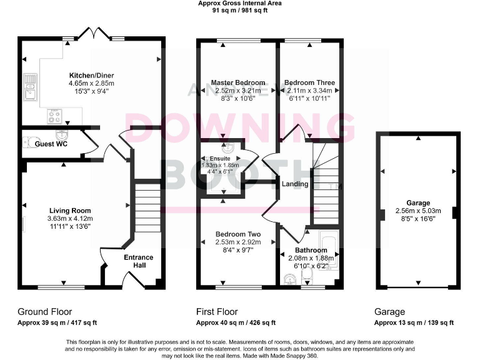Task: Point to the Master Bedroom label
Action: pyautogui.click(x=237, y=82)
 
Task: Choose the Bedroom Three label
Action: pyautogui.click(x=309, y=82)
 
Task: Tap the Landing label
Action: pyautogui.click(x=295, y=184)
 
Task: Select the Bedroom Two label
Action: pyautogui.click(x=237, y=234)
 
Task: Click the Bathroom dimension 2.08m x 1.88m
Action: pyautogui.click(x=311, y=258)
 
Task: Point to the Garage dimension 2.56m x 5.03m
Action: pyautogui.click(x=417, y=211)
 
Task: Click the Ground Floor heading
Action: pyautogui.click(x=44, y=311)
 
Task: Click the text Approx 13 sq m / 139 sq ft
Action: pyautogui.click(x=414, y=322)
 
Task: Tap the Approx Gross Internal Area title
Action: pyautogui.click(x=239, y=3)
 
